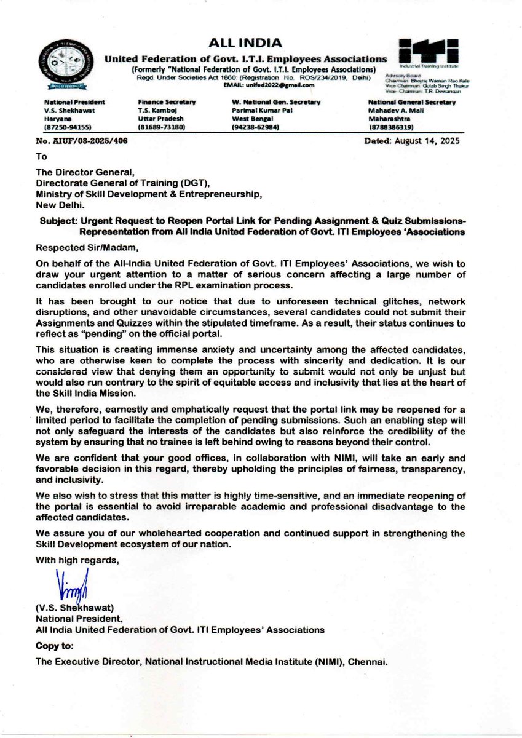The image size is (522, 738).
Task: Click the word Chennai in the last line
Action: pos(366,663)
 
